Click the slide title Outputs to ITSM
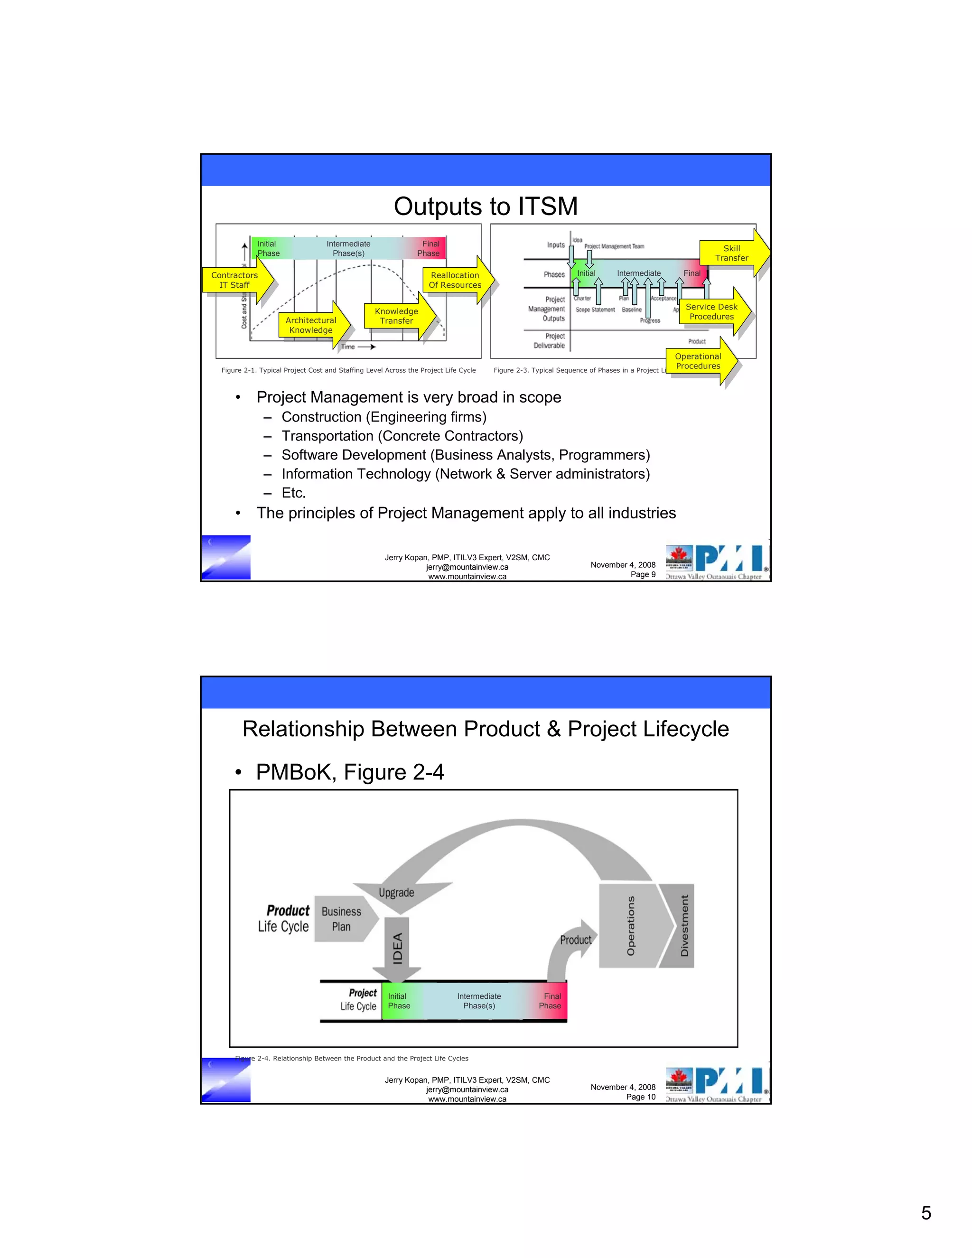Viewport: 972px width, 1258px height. [x=486, y=206]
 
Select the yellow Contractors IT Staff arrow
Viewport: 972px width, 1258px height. [x=235, y=280]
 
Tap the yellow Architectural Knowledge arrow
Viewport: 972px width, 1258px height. [x=311, y=325]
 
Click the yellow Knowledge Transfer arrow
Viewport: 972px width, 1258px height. [x=397, y=316]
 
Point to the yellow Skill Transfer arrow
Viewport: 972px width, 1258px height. [x=732, y=253]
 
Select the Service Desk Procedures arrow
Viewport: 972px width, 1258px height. [x=712, y=311]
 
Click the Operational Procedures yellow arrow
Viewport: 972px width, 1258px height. [x=698, y=361]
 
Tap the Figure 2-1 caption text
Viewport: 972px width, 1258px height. [x=348, y=370]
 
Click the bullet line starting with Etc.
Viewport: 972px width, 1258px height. [x=294, y=492]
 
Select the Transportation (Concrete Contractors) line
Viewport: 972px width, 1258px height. [x=402, y=436]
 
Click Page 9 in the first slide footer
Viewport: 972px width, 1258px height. [x=643, y=574]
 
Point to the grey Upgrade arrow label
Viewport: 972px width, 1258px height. [x=396, y=892]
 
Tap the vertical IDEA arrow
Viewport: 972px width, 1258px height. [x=397, y=948]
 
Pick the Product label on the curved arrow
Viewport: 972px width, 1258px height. [x=575, y=940]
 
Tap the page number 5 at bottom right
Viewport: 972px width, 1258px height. [x=926, y=1212]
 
